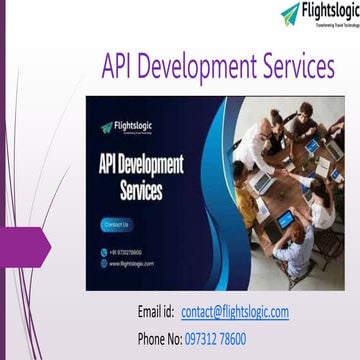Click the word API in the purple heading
pyautogui.click(x=122, y=40)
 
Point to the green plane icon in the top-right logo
pyautogui.click(x=289, y=13)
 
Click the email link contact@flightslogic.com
pyautogui.click(x=235, y=312)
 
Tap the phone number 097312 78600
pyautogui.click(x=230, y=337)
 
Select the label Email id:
pyautogui.click(x=156, y=312)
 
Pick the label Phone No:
pyautogui.click(x=158, y=337)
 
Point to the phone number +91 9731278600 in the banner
pyautogui.click(x=129, y=252)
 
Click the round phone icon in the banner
pyautogui.click(x=103, y=252)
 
